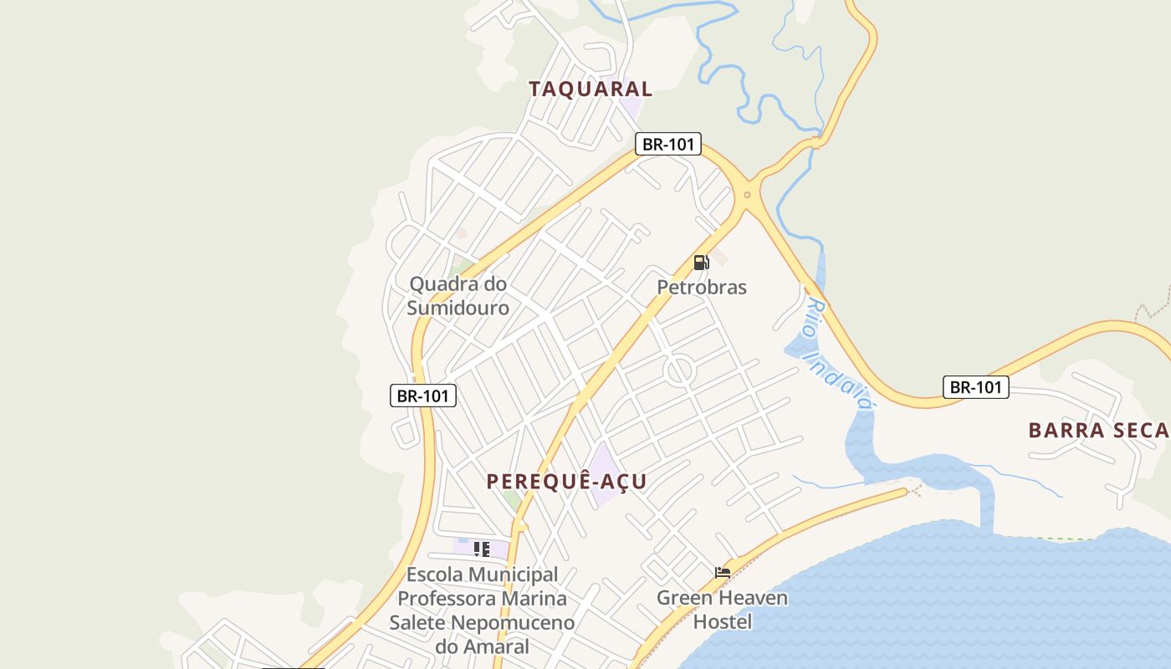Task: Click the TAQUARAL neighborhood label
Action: [x=591, y=89]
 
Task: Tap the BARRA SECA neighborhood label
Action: [x=1097, y=430]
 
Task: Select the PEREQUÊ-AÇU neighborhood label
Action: [x=567, y=482]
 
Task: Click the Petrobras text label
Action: [x=701, y=287]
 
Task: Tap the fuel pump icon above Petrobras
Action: [x=701, y=263]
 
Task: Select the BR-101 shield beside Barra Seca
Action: [x=976, y=387]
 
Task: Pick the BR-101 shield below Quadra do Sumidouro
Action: [x=423, y=396]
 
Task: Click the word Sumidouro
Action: [x=458, y=308]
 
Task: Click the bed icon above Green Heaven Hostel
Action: [x=723, y=573]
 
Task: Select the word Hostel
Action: [x=723, y=621]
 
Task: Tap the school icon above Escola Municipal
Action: [x=481, y=549]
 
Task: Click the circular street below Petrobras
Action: [x=679, y=370]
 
